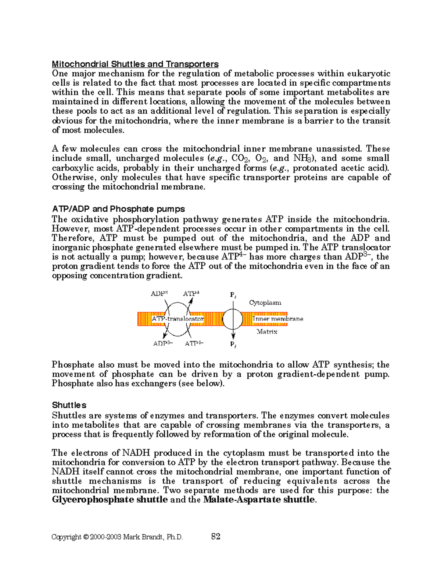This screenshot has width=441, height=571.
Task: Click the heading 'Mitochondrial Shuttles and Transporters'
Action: (x=135, y=64)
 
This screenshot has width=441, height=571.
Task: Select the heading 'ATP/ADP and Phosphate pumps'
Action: (x=118, y=209)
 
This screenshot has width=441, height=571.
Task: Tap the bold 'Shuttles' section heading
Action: (x=69, y=405)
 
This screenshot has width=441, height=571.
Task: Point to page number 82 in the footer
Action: (x=216, y=536)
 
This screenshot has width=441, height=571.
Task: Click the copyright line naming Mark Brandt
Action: (x=117, y=537)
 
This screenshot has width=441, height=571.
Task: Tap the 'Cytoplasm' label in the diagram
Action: (x=265, y=303)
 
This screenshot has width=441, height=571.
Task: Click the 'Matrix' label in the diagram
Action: (x=267, y=332)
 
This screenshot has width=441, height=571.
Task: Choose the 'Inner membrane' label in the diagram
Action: (x=278, y=319)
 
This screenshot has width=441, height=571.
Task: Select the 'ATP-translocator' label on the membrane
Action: (x=178, y=319)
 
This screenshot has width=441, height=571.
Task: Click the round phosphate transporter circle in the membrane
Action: (x=233, y=319)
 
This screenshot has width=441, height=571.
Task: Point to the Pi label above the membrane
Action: (x=233, y=295)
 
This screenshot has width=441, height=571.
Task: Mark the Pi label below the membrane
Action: (x=233, y=345)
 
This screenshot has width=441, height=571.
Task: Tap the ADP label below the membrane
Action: (x=162, y=344)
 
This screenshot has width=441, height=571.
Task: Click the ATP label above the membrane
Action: (x=191, y=293)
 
